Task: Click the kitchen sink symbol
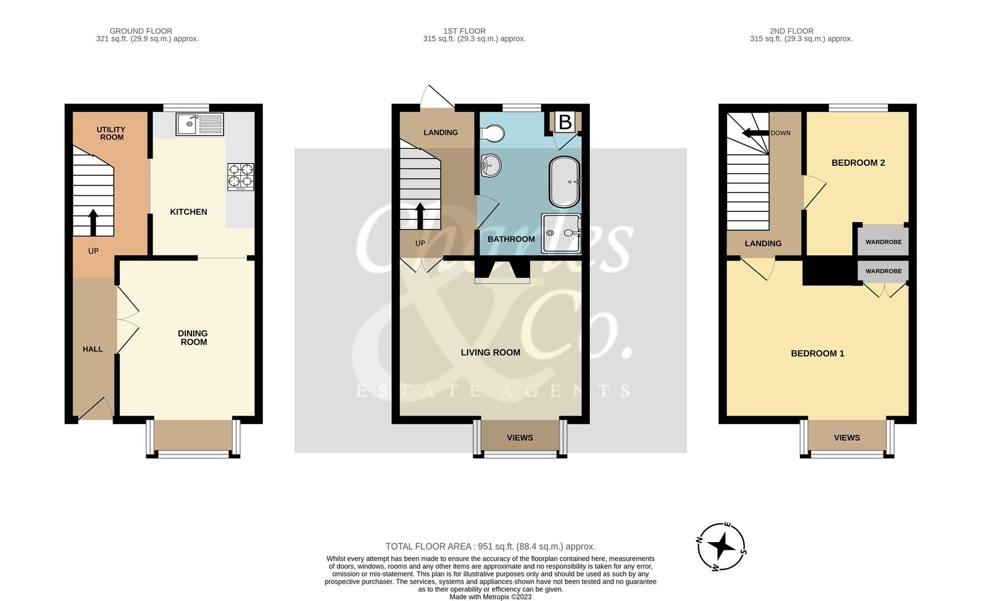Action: pyautogui.click(x=200, y=124)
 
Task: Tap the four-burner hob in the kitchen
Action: pyautogui.click(x=241, y=177)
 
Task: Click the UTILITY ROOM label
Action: pyautogui.click(x=111, y=133)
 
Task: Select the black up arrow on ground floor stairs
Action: pyautogui.click(x=93, y=221)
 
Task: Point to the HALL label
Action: pyautogui.click(x=92, y=349)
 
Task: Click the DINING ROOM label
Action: pyautogui.click(x=193, y=338)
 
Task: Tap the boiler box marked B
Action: pyautogui.click(x=565, y=122)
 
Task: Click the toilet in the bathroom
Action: pyautogui.click(x=492, y=134)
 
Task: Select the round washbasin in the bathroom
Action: pyautogui.click(x=491, y=165)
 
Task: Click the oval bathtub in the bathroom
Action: pyautogui.click(x=565, y=181)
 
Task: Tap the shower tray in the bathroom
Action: pyautogui.click(x=561, y=233)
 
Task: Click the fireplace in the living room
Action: pyautogui.click(x=502, y=272)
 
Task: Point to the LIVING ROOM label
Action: pyautogui.click(x=491, y=352)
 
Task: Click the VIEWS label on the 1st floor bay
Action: pyautogui.click(x=520, y=438)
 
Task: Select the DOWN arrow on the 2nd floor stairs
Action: pyautogui.click(x=754, y=133)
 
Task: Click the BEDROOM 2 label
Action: pyautogui.click(x=858, y=163)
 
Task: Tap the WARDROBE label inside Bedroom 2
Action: pyautogui.click(x=884, y=242)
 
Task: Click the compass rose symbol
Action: pyautogui.click(x=722, y=546)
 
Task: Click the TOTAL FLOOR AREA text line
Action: pyautogui.click(x=490, y=546)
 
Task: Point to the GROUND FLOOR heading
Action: pyautogui.click(x=141, y=31)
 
